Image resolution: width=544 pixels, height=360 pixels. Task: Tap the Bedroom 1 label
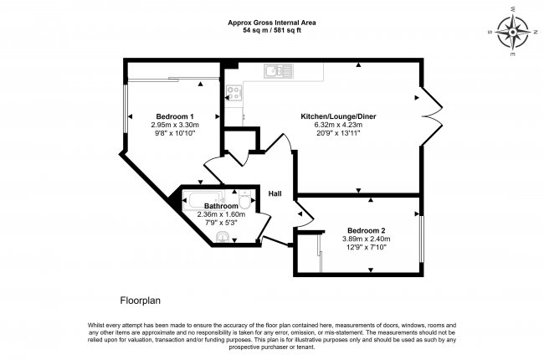point(175,116)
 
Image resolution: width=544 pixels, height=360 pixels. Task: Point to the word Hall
point(275,194)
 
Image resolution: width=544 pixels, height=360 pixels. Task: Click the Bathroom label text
point(222,206)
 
